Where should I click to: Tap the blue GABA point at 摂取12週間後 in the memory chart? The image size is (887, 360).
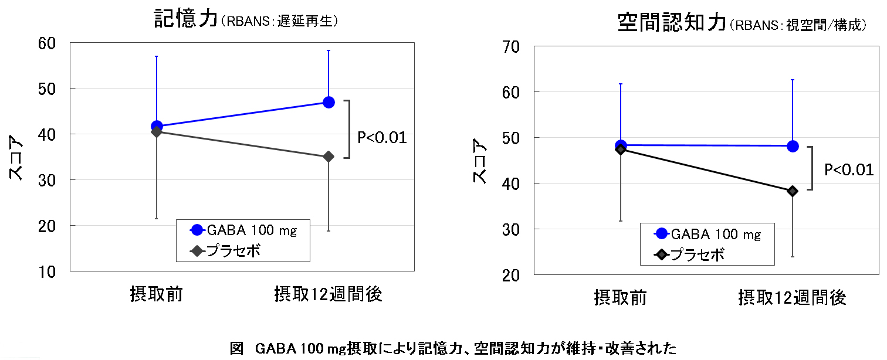[329, 102]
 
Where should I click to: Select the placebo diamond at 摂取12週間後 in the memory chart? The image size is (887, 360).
[329, 157]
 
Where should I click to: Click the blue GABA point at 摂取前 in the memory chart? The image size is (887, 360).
[157, 126]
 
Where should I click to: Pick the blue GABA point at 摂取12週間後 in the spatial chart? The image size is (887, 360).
[793, 146]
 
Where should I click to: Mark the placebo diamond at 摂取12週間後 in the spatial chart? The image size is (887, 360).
[793, 191]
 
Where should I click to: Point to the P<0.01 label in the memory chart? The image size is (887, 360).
[382, 138]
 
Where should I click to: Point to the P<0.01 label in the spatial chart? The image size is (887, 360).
[848, 170]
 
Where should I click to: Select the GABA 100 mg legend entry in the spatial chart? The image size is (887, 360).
[707, 234]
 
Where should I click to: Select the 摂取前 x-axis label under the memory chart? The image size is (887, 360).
[157, 294]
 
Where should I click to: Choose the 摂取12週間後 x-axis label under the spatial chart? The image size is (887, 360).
[793, 298]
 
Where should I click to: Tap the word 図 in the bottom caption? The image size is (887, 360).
[236, 349]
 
